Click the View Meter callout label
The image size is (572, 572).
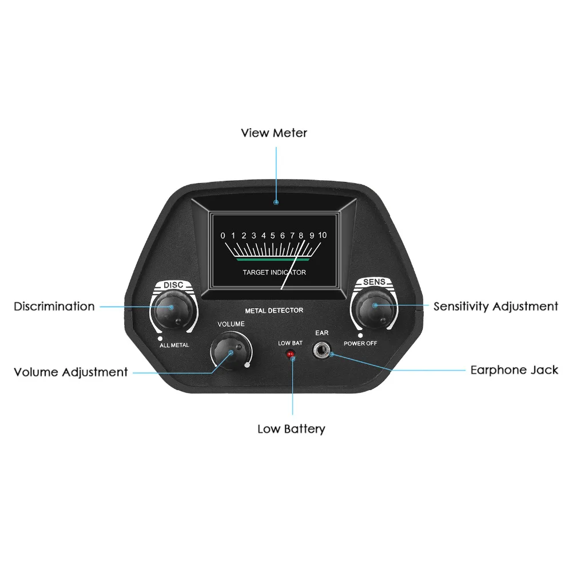(x=274, y=133)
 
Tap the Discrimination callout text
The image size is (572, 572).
(x=54, y=307)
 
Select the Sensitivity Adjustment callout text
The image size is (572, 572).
(x=495, y=307)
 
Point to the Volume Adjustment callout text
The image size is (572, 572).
(x=70, y=372)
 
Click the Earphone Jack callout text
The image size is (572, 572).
(x=514, y=370)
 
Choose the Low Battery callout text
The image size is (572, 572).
(x=291, y=429)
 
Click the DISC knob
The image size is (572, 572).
(x=172, y=308)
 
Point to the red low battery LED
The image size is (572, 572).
(x=291, y=355)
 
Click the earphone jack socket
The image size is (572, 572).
(x=322, y=350)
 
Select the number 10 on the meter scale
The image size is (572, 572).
(x=322, y=235)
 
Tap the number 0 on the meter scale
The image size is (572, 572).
(x=223, y=235)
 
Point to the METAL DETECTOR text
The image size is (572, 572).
(x=274, y=311)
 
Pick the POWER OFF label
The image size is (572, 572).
(x=360, y=344)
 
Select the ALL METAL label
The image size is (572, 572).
(x=174, y=345)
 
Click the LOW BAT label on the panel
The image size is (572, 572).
(x=290, y=343)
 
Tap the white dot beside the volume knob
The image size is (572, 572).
(x=247, y=364)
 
